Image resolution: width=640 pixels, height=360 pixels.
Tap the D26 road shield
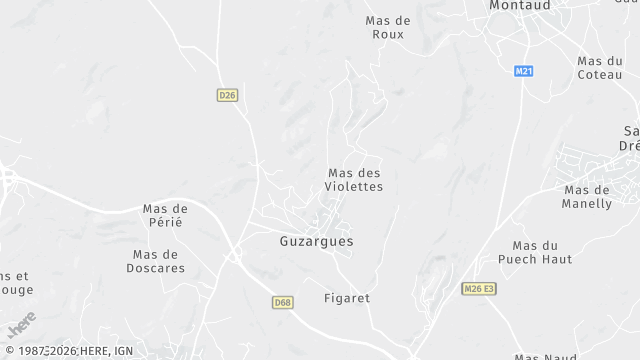coord(227,95)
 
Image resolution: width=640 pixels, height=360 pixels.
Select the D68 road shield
coord(282,302)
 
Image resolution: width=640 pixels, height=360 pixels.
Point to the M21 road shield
coord(524,72)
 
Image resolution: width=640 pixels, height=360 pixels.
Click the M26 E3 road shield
coord(479,289)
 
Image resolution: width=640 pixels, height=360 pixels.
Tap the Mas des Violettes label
coord(355,180)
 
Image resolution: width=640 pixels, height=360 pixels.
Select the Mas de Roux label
coord(388,27)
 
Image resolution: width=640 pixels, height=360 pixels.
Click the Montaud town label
coord(521,6)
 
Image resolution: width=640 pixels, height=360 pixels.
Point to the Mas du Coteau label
coord(600,68)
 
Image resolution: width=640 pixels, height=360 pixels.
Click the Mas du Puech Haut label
coord(542,252)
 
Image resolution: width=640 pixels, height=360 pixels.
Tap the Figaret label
coord(347,298)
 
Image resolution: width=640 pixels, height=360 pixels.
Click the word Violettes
coord(355,187)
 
